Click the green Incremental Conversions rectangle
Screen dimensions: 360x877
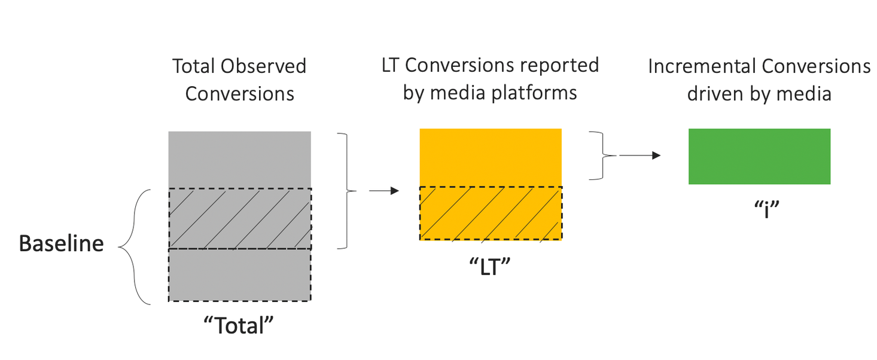coord(759,156)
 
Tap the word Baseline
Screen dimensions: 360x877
coord(62,244)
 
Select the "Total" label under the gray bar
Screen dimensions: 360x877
coord(239,326)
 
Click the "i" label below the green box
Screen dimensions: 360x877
coord(760,210)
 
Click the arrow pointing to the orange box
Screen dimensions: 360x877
coord(383,191)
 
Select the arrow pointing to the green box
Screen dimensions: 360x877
coord(640,155)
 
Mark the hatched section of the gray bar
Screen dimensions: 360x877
coord(239,219)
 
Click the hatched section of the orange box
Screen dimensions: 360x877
coord(491,213)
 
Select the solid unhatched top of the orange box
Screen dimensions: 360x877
coord(491,157)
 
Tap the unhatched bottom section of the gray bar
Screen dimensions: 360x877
coord(239,275)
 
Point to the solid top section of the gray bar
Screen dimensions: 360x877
coord(239,160)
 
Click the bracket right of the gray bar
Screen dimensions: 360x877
coord(345,191)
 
